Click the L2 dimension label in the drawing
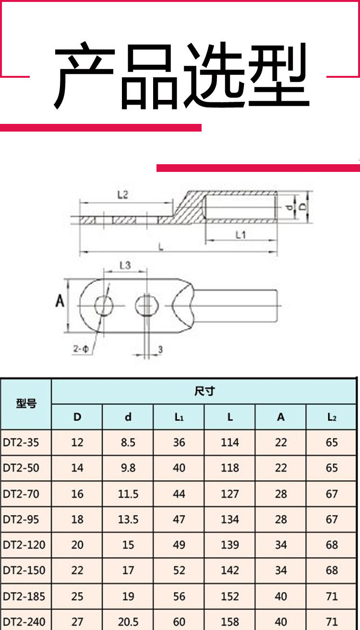coord(122,194)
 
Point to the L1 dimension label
coord(241,235)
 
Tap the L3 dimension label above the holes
coord(125,265)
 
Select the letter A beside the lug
coord(60,301)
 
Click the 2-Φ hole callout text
coord(81,349)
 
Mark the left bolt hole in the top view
coord(104,306)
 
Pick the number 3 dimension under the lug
coord(160,350)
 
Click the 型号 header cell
coord(26,403)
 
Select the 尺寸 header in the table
coord(204,391)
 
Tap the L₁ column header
coord(179,417)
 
